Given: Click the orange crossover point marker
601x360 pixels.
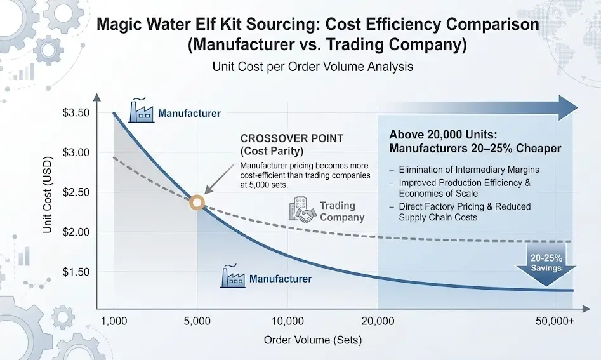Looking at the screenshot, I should pyautogui.click(x=197, y=203).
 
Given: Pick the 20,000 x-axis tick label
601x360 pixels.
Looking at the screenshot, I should pyautogui.click(x=378, y=321).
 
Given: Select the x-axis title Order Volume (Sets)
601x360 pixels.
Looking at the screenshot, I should pyautogui.click(x=313, y=340).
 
